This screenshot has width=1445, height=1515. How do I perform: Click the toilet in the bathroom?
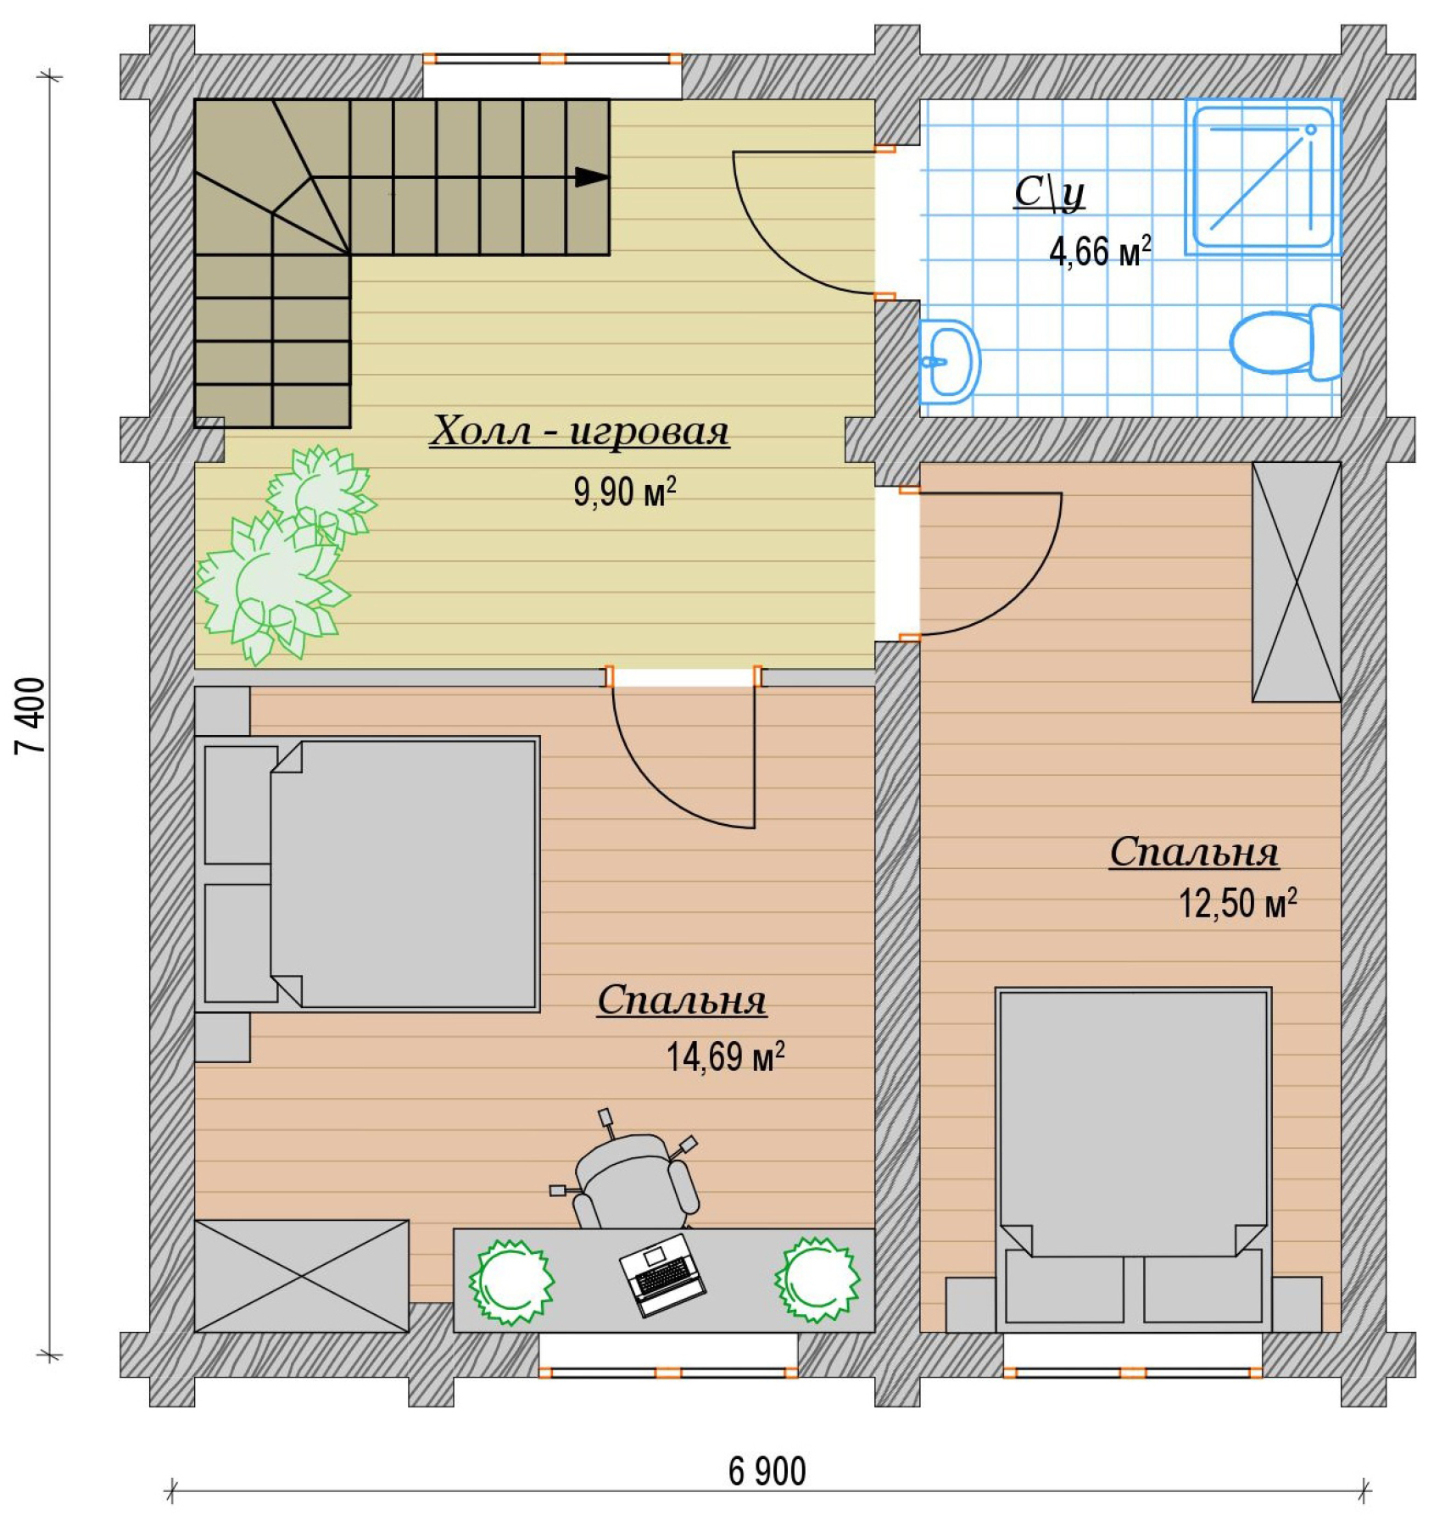click(1286, 343)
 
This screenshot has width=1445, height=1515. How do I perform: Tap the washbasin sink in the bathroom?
click(950, 361)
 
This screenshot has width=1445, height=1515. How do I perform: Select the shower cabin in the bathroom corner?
click(1263, 176)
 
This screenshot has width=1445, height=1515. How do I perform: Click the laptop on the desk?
click(662, 1274)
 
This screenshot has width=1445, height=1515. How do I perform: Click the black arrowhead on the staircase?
click(592, 177)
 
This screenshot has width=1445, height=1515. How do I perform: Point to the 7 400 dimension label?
click(31, 716)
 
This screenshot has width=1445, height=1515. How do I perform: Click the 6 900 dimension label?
click(767, 1472)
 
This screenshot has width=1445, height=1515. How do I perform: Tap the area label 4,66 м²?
click(1100, 251)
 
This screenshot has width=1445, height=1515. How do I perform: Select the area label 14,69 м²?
click(725, 1056)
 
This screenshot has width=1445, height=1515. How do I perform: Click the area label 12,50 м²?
click(1237, 903)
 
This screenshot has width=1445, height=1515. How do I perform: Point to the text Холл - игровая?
click(579, 431)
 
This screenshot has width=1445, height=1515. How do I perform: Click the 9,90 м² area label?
click(625, 492)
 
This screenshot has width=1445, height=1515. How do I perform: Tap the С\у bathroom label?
click(1050, 193)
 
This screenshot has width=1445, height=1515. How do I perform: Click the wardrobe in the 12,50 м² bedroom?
click(1297, 582)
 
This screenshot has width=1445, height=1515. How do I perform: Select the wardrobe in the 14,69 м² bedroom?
click(302, 1276)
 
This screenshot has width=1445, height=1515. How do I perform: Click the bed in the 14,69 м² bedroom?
click(367, 874)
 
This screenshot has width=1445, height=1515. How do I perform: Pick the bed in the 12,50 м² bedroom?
click(1134, 1159)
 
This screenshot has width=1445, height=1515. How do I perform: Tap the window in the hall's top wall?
click(553, 59)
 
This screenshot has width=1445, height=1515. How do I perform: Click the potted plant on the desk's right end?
click(817, 1279)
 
